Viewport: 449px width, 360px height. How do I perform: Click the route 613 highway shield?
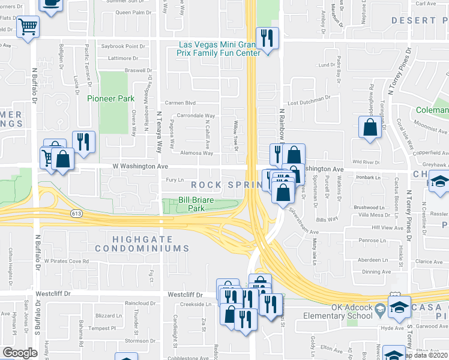tap(76, 213)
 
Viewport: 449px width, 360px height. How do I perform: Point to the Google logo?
tap(20, 352)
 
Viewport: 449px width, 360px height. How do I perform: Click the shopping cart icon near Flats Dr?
tap(28, 26)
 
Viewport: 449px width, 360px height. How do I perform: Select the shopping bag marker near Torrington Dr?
tap(370, 127)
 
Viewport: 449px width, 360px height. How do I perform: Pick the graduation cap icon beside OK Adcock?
tap(399, 307)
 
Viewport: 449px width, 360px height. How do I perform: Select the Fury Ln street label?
tap(175, 179)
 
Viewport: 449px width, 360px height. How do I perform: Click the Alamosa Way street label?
tap(197, 153)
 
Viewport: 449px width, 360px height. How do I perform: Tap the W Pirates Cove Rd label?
tap(67, 262)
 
